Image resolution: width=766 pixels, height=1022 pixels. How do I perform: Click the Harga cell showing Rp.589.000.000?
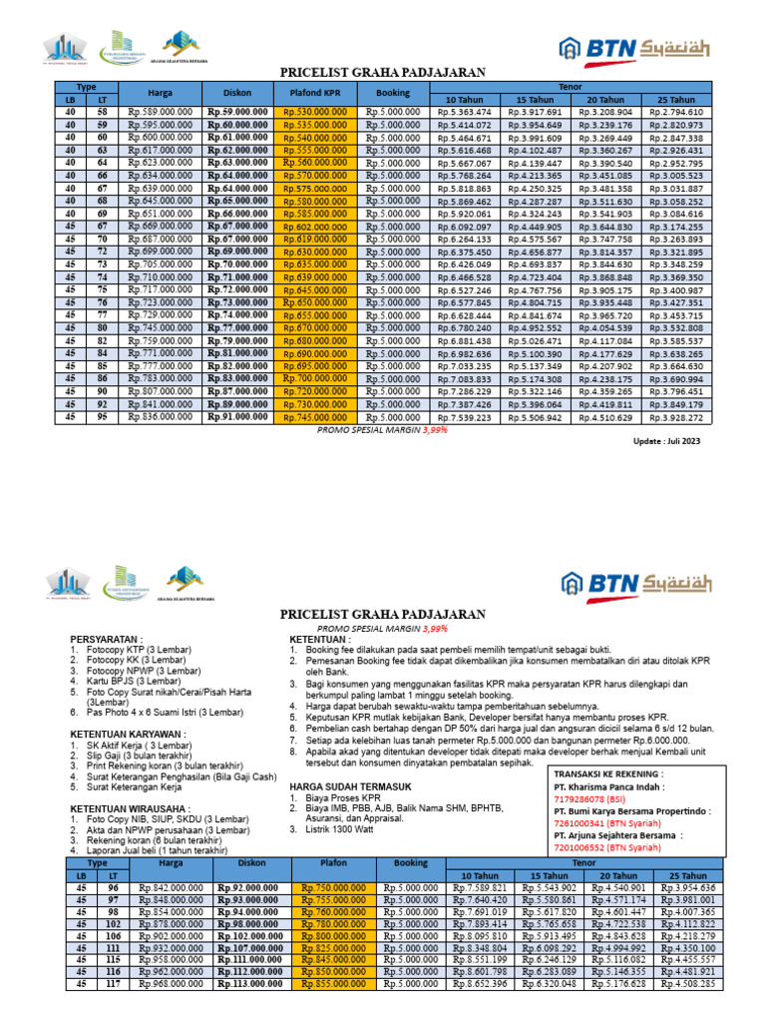162,113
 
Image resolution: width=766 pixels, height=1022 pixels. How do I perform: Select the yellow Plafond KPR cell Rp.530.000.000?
311,113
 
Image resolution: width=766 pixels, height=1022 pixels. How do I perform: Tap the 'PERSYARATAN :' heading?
107,638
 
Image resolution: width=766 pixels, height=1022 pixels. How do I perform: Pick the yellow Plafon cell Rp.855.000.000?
330,983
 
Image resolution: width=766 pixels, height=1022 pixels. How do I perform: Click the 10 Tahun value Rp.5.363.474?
464,113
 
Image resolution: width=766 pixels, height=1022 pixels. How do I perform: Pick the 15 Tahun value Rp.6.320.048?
542,983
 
